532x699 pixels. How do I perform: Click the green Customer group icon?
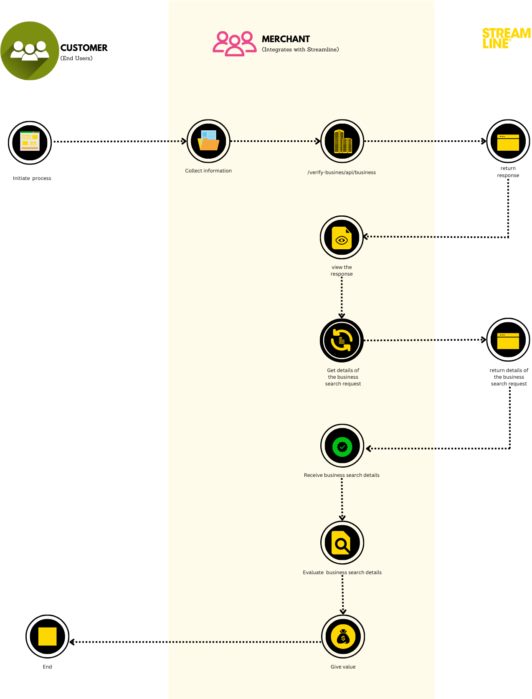click(30, 51)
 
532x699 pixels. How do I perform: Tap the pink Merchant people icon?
click(234, 43)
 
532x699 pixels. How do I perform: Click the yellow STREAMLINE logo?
click(506, 38)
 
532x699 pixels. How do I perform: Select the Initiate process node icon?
click(30, 142)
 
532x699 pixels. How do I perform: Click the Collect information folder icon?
click(208, 141)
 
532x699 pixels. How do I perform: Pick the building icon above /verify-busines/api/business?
click(342, 141)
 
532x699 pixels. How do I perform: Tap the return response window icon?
click(508, 141)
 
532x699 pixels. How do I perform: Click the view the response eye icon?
click(342, 238)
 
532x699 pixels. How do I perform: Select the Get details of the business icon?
click(342, 340)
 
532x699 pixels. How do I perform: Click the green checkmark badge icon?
click(342, 446)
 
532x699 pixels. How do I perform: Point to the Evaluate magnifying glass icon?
click(342, 543)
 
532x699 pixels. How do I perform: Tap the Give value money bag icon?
click(343, 637)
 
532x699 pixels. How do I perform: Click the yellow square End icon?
click(47, 636)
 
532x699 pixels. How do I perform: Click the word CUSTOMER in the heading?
click(84, 48)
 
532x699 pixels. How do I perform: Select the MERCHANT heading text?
click(286, 39)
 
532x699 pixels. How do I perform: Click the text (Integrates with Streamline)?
click(300, 49)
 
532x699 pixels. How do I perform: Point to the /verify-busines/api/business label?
click(342, 172)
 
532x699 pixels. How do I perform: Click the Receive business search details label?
click(342, 475)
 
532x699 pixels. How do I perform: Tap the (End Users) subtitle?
click(76, 58)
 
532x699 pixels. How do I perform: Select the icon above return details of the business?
click(508, 340)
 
